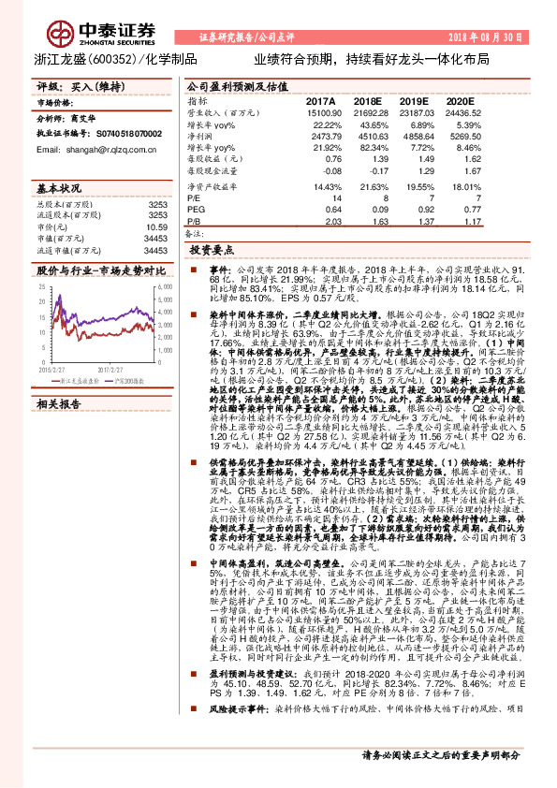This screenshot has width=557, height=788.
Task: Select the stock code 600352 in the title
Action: (x=121, y=57)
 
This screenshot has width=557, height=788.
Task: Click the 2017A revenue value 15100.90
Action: (x=315, y=111)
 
